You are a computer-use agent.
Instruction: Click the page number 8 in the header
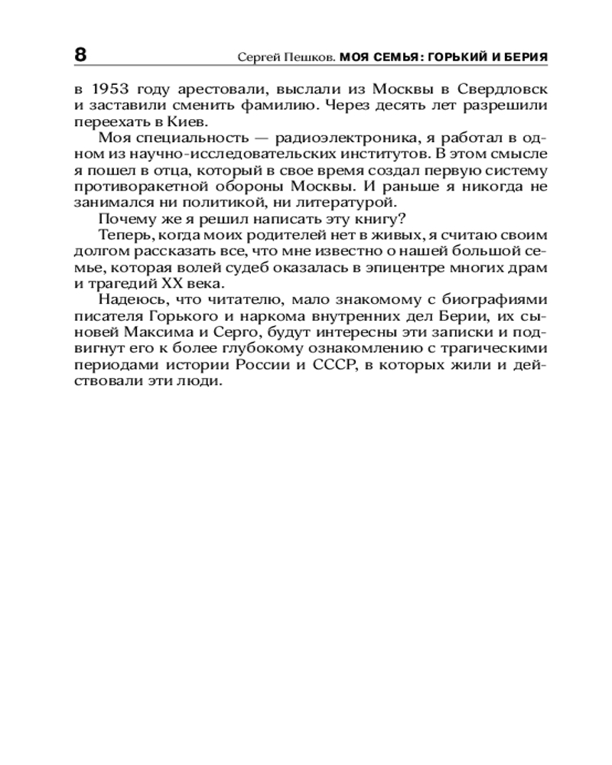(x=80, y=56)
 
